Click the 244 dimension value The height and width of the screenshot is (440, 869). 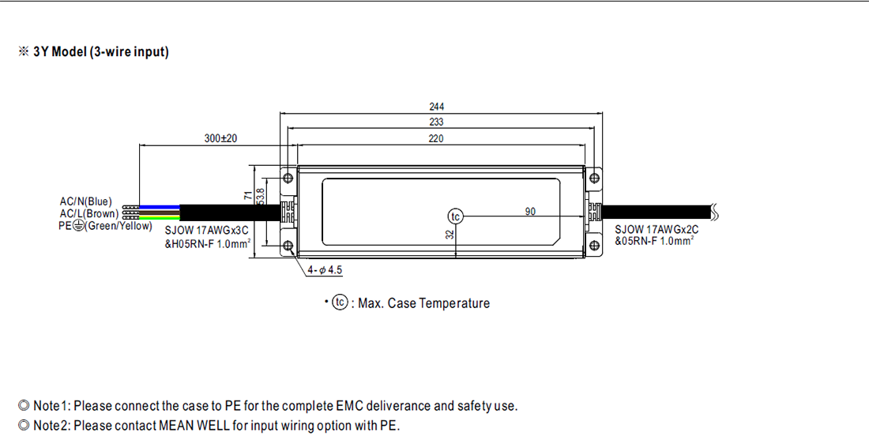pyautogui.click(x=437, y=107)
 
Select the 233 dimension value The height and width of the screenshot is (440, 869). pyautogui.click(x=437, y=122)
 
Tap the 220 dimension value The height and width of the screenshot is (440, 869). pyautogui.click(x=436, y=138)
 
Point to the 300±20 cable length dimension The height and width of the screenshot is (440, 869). pyautogui.click(x=220, y=138)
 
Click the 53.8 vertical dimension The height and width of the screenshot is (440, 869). pyautogui.click(x=261, y=197)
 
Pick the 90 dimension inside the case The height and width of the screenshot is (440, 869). pyautogui.click(x=530, y=211)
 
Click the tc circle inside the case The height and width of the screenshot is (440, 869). pyautogui.click(x=455, y=216)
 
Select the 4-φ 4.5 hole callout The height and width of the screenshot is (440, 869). pyautogui.click(x=325, y=270)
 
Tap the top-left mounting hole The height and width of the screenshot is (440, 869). pyautogui.click(x=288, y=178)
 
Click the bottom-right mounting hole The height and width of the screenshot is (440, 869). pyautogui.click(x=594, y=246)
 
